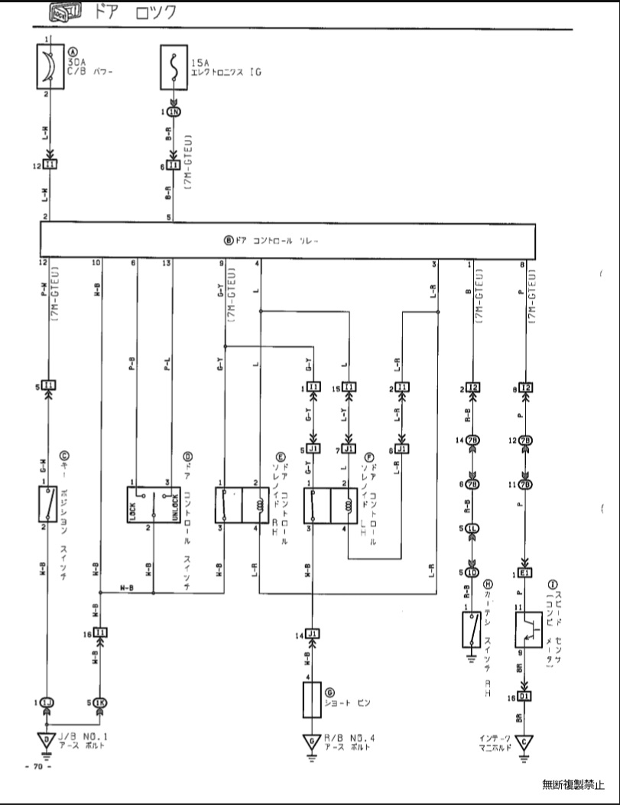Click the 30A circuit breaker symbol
coord(47,67)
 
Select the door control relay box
coord(287,240)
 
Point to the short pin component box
coord(312,699)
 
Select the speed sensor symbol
coord(525,630)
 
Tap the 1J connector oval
coord(48,702)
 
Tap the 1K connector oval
coord(100,702)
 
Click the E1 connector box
coord(525,574)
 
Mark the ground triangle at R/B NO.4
coord(311,741)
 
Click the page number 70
coord(37,766)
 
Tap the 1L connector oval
coord(473,528)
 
